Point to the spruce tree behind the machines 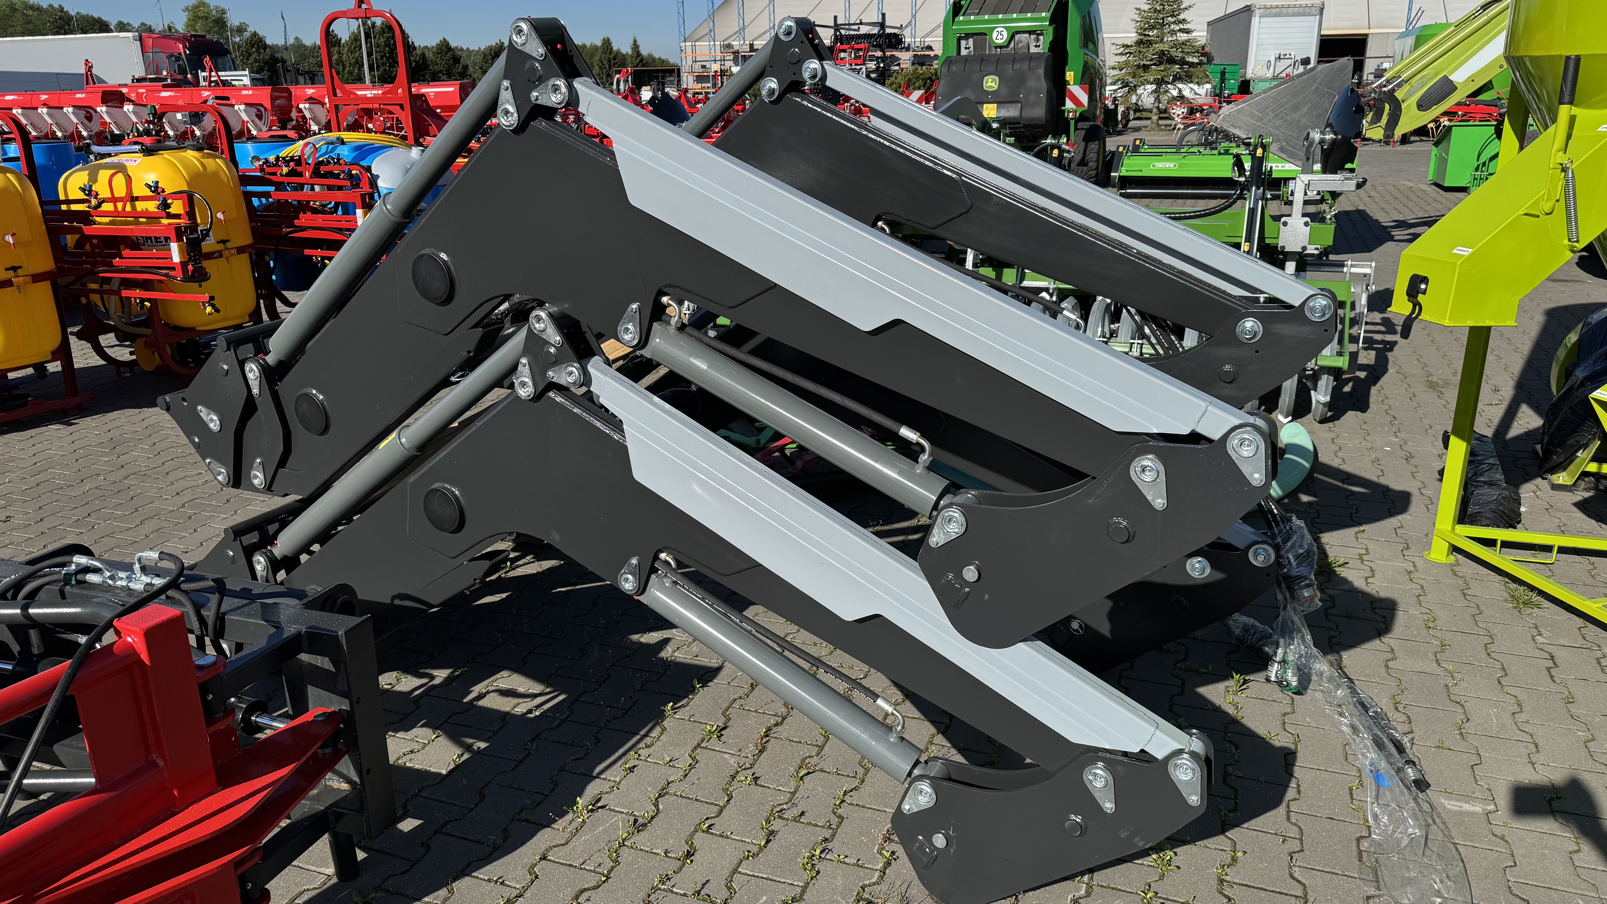pyautogui.click(x=1160, y=56)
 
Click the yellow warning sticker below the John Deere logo pyautogui.click(x=989, y=111)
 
